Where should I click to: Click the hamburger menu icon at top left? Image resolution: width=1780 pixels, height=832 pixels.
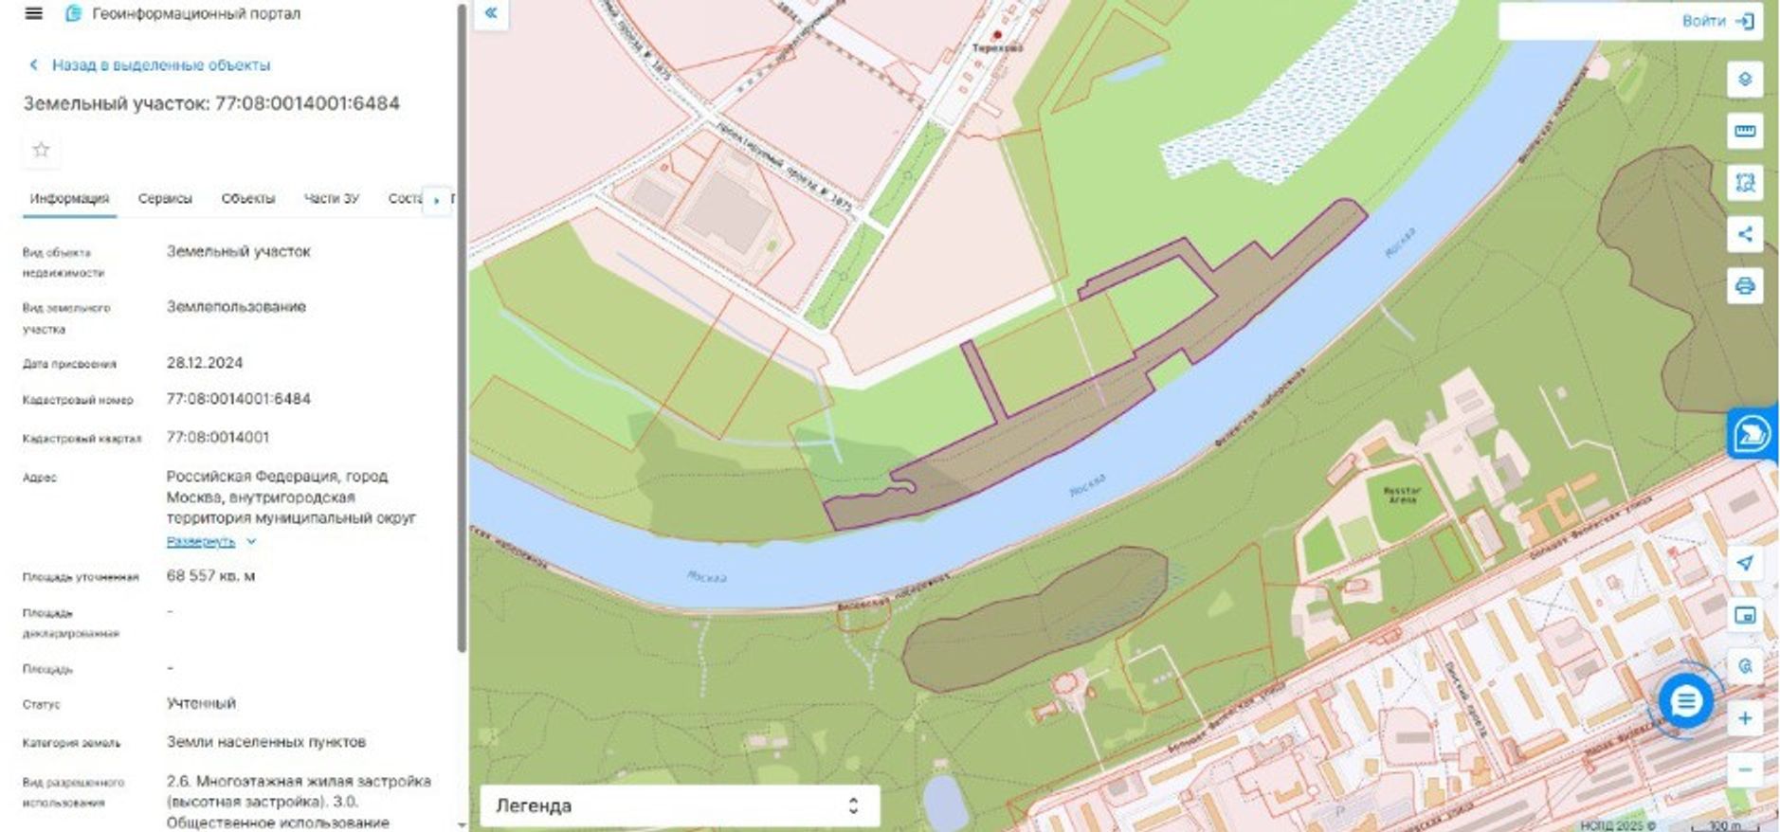click(33, 13)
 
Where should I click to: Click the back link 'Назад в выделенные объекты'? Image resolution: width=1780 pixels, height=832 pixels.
click(159, 65)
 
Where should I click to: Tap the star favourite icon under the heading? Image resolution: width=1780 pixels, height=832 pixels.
click(41, 150)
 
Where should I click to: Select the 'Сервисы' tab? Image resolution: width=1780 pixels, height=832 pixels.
click(165, 199)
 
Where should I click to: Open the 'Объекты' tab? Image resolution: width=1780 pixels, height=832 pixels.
click(247, 199)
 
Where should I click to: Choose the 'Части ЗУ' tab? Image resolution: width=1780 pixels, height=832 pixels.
click(331, 199)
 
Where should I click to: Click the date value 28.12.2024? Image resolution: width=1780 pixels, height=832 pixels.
click(205, 363)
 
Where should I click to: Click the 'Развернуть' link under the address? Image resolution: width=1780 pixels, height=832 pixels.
click(201, 542)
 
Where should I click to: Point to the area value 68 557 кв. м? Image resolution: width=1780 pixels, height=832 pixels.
click(210, 576)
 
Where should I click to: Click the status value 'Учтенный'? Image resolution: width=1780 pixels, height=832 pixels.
click(201, 704)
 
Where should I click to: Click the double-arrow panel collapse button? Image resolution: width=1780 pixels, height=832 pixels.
click(491, 13)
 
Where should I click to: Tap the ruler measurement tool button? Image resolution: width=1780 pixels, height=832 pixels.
click(1744, 131)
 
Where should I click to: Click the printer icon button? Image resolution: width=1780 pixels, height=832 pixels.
click(1744, 285)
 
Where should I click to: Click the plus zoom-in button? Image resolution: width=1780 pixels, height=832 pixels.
click(1744, 718)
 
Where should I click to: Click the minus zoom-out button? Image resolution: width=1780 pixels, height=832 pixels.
click(1744, 769)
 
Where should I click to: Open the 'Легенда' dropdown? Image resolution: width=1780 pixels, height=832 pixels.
click(679, 805)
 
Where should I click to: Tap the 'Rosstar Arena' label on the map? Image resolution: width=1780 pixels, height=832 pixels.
click(1402, 495)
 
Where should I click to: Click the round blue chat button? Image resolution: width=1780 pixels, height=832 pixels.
click(1685, 702)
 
